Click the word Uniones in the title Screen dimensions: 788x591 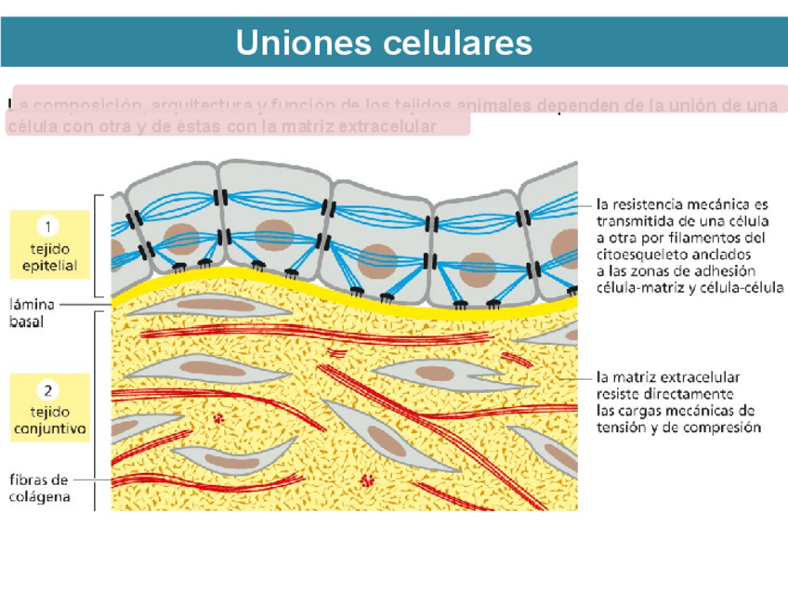coord(298,43)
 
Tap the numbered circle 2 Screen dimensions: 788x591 coord(48,389)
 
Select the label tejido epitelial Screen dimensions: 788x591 coord(48,258)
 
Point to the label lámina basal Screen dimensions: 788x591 coord(33,314)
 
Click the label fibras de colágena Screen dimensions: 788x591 coord(39,488)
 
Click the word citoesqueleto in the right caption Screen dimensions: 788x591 coord(637,254)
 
